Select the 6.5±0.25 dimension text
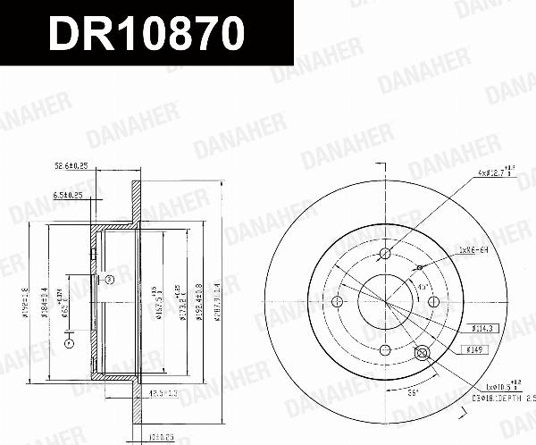(x=68, y=195)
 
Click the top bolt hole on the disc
(x=385, y=254)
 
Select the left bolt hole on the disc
(x=338, y=301)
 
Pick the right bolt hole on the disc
(x=433, y=301)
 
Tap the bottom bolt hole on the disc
(x=385, y=349)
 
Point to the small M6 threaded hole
(x=419, y=267)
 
